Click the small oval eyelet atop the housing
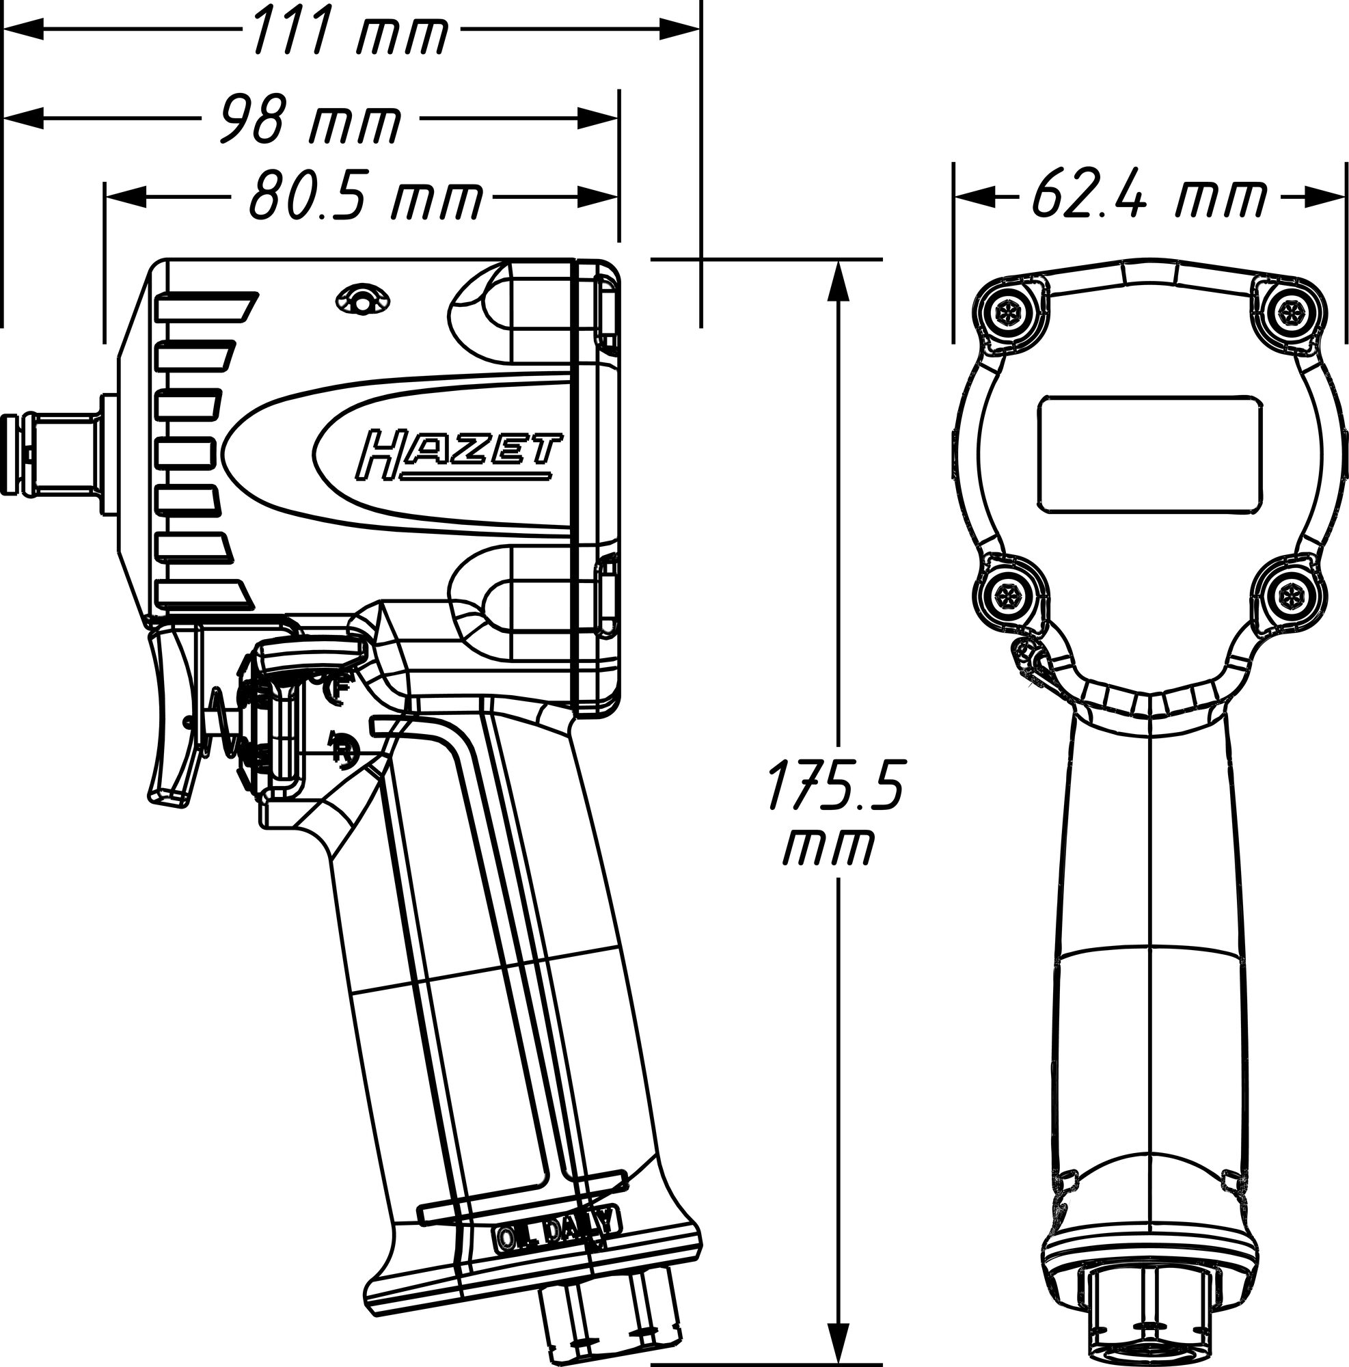coord(362,300)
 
